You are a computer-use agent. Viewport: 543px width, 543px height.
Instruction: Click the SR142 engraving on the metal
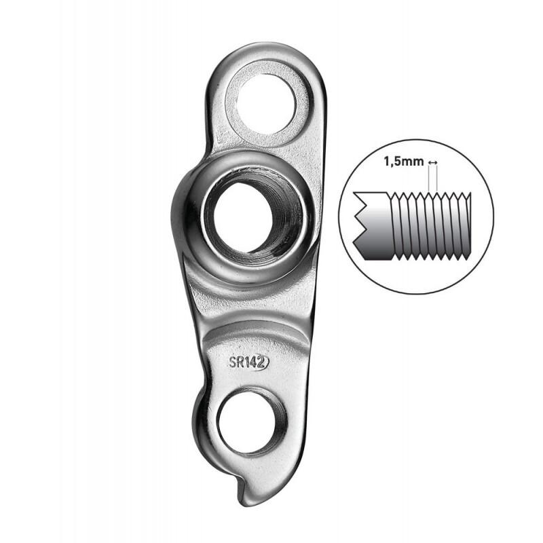pyautogui.click(x=248, y=362)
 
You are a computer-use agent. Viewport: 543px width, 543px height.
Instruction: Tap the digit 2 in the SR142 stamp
pyautogui.click(x=262, y=362)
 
